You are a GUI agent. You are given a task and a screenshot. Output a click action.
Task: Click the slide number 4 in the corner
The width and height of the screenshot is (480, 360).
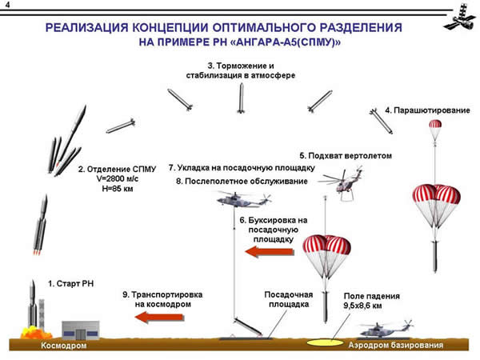7,6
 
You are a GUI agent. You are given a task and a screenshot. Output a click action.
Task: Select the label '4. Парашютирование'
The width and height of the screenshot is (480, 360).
427,110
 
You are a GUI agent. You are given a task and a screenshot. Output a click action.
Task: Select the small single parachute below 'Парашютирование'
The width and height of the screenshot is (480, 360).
435,127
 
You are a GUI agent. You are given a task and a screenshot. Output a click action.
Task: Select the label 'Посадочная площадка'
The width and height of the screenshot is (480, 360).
286,298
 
